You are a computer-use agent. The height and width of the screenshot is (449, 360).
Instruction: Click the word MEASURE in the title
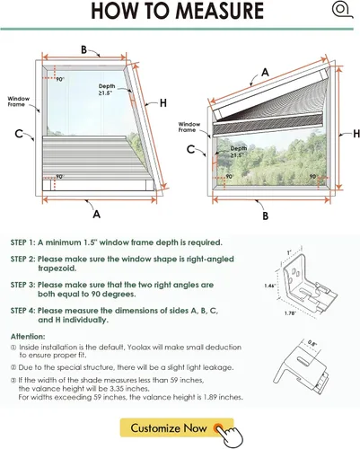219,11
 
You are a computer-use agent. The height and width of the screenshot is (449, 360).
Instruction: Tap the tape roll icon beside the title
342,10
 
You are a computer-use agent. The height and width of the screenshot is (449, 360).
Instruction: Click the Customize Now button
177,427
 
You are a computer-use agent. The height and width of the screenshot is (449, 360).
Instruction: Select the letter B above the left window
84,49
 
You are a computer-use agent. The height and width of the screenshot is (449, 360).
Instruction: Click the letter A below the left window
96,214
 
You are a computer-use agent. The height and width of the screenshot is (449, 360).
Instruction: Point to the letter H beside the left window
163,103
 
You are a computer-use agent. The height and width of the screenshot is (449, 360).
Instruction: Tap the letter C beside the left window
19,134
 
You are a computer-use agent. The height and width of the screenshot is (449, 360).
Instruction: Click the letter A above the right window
265,73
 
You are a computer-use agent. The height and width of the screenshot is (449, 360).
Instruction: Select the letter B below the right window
265,216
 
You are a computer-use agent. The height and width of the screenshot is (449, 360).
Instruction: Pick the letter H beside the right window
356,134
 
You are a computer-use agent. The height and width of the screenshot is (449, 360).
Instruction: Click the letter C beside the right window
190,149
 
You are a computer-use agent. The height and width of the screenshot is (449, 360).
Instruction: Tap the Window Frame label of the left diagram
19,101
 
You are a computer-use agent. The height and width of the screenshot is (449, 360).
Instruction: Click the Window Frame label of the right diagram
189,127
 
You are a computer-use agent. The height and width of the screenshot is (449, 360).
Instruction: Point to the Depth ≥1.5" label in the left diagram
107,90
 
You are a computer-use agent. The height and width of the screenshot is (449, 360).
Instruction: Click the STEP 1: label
23,242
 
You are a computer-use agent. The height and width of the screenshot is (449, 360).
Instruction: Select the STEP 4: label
23,311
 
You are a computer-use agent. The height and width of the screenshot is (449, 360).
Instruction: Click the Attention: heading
28,337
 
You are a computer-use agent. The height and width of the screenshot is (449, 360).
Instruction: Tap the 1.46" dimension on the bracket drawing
269,286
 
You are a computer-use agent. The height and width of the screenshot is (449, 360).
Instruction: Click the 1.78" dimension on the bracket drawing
290,313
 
